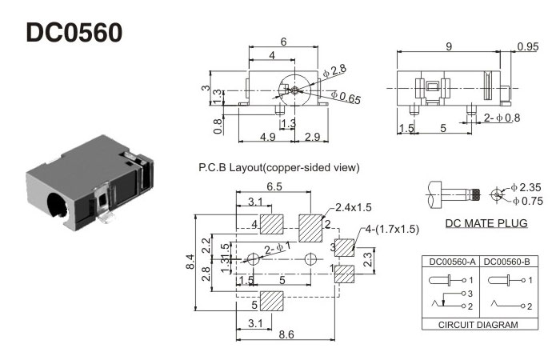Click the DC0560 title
[x=74, y=33]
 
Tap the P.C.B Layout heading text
[x=278, y=168]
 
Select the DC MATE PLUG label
[x=486, y=223]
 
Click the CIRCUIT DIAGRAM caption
[x=477, y=325]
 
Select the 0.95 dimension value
[x=527, y=47]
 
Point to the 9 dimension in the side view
[x=449, y=47]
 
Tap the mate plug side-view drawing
[x=452, y=193]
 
